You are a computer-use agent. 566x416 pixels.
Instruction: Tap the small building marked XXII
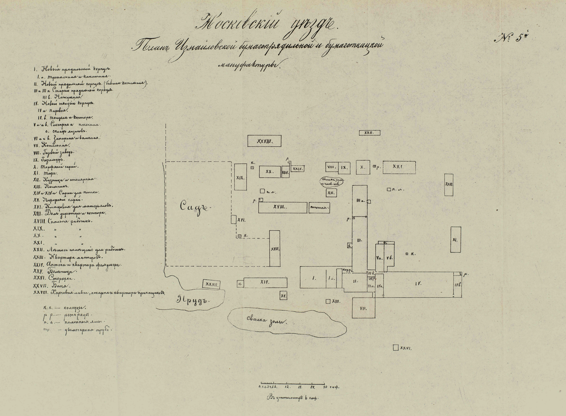point(369,133)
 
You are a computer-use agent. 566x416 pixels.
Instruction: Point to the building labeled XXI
point(399,167)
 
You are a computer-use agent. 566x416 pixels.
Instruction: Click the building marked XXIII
point(449,185)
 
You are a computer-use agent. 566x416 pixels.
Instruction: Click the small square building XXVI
point(396,348)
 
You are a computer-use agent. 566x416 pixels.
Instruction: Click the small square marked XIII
point(328,301)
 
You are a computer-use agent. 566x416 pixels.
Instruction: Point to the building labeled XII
point(331,193)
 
